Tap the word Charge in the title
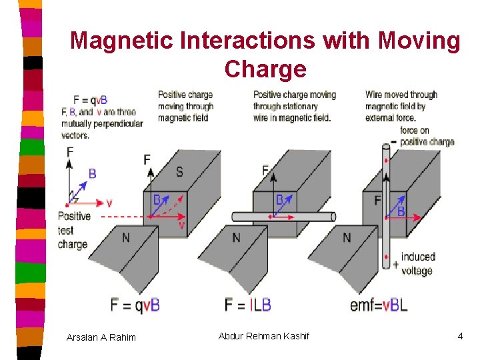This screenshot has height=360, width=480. tap(265, 68)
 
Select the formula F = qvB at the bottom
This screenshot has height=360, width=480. tap(135, 305)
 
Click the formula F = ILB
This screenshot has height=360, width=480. tap(248, 305)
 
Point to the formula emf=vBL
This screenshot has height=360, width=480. tap(378, 305)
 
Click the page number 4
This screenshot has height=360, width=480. tap(460, 336)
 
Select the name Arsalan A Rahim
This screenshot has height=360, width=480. tap(101, 337)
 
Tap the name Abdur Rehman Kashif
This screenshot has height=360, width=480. tap(264, 336)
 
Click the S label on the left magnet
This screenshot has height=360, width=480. tap(179, 172)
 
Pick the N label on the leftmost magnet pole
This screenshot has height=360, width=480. tap(126, 238)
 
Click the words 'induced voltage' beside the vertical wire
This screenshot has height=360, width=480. tap(417, 263)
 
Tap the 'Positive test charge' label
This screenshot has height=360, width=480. tap(74, 230)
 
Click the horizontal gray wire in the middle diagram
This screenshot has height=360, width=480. tap(307, 217)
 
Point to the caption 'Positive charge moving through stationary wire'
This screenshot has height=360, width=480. tap(294, 106)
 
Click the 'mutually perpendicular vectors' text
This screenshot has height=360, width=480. tap(102, 129)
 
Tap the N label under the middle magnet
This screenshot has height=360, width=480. tap(237, 238)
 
